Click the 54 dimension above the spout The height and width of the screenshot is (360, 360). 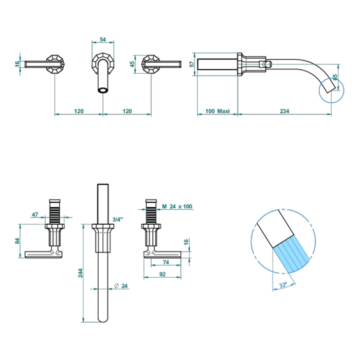(103, 40)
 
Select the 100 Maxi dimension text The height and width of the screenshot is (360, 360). (217, 111)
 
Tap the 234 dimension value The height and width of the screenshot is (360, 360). (284, 111)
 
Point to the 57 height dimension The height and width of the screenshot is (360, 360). (192, 64)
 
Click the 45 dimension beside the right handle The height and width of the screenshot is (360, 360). (133, 64)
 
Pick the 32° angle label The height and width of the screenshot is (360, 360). (283, 285)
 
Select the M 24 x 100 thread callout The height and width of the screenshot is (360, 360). (177, 206)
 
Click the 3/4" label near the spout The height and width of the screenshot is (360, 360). (118, 220)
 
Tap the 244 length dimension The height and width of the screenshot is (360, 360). (80, 273)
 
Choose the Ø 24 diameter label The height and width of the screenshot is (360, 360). (121, 286)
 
